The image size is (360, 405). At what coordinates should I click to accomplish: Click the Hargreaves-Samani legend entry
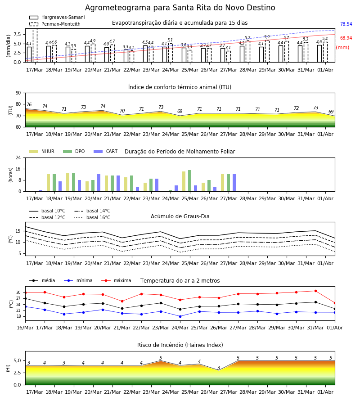(x=57, y=17)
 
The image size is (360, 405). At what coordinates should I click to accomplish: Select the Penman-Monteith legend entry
(x=55, y=24)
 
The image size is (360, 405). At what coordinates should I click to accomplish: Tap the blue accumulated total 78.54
(x=346, y=24)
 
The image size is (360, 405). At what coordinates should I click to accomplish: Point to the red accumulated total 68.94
(x=346, y=38)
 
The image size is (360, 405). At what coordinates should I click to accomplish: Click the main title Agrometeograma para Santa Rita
(x=180, y=8)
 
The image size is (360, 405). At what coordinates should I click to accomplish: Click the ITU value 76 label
(x=29, y=104)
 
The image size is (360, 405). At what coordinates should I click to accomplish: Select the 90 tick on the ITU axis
(x=18, y=93)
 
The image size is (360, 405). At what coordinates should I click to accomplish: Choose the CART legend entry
(x=105, y=151)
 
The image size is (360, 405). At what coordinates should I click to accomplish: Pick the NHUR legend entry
(x=42, y=151)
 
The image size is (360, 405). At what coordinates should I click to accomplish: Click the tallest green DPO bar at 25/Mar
(x=190, y=181)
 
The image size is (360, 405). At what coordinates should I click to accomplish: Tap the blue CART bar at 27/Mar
(x=234, y=183)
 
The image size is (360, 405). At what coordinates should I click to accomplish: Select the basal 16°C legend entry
(x=92, y=217)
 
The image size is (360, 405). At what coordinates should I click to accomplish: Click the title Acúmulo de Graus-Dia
(x=180, y=216)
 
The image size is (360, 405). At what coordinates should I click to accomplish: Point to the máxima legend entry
(x=116, y=280)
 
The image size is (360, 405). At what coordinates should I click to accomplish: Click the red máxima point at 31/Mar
(x=315, y=291)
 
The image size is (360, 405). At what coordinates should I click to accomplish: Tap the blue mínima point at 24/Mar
(x=180, y=316)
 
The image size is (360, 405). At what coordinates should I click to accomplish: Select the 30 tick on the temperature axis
(x=18, y=292)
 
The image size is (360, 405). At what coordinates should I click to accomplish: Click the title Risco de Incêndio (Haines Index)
(x=180, y=345)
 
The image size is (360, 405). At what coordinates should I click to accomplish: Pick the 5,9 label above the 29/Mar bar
(x=267, y=37)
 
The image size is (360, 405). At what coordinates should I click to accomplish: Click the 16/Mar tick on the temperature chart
(x=25, y=328)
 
